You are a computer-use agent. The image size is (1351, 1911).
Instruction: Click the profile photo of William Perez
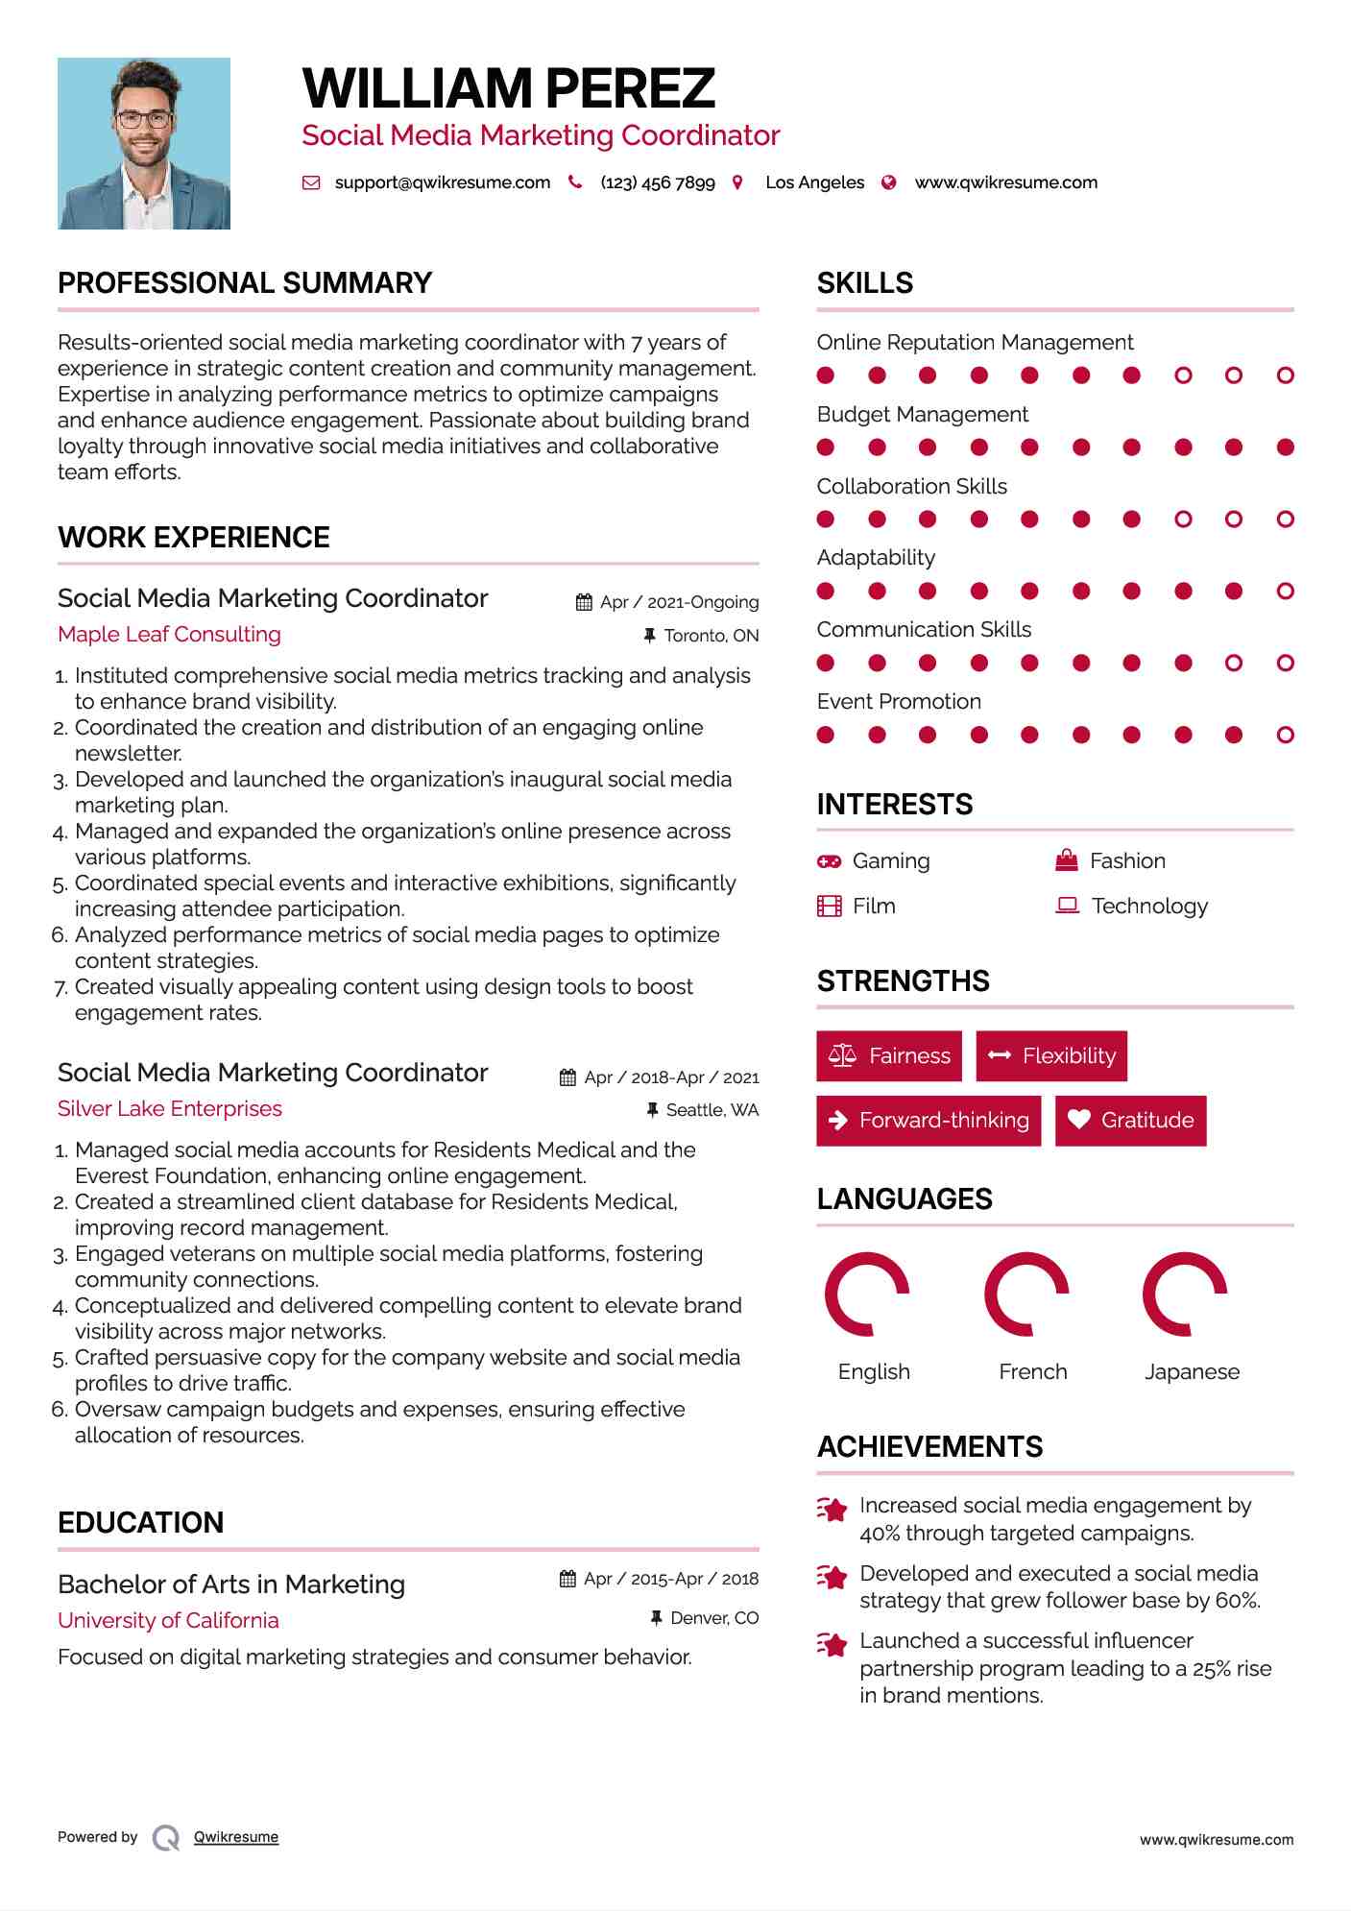point(144,143)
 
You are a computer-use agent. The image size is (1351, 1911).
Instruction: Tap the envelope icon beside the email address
point(311,182)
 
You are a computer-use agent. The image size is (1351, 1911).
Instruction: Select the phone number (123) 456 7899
point(658,182)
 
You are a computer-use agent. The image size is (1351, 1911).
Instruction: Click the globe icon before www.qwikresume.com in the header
point(889,182)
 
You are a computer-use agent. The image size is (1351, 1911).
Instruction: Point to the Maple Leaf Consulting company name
point(169,634)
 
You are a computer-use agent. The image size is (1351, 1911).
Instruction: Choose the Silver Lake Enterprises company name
point(170,1108)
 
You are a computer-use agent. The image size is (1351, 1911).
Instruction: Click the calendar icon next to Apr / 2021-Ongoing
point(584,602)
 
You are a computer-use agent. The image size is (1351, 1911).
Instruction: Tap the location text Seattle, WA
point(712,1110)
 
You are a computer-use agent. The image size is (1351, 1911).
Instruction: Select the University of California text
point(168,1620)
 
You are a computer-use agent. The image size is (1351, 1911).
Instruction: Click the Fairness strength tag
point(889,1055)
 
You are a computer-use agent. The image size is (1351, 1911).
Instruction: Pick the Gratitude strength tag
point(1130,1120)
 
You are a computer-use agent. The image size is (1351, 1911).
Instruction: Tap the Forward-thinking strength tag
point(929,1120)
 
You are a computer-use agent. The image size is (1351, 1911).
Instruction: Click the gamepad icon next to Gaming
point(829,861)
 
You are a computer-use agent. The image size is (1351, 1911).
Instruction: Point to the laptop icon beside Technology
point(1067,906)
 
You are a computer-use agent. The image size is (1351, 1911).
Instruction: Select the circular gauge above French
point(1026,1294)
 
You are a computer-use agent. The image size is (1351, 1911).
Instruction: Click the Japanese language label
point(1192,1371)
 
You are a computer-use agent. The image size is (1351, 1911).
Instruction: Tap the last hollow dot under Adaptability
point(1285,591)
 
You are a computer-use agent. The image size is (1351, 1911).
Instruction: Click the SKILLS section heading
point(864,283)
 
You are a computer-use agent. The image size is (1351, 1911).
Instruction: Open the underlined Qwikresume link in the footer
point(236,1837)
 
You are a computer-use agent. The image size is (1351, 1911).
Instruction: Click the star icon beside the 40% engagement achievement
point(832,1509)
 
